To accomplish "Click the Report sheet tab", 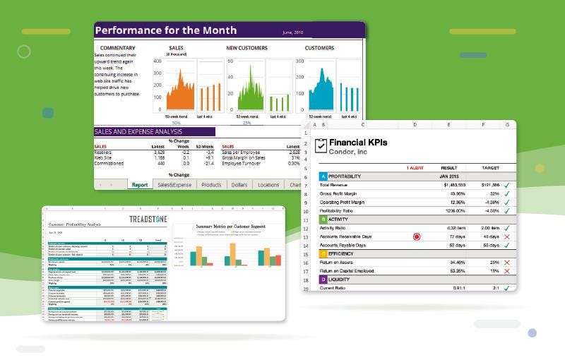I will (139, 185).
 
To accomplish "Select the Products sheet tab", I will (211, 185).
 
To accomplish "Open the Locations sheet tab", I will (268, 185).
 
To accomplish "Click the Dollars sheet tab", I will (240, 185).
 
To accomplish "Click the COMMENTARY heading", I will (117, 48).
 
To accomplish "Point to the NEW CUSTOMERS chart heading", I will (246, 48).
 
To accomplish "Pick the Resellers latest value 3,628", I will (159, 152).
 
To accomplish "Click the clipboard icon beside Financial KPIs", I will (321, 145).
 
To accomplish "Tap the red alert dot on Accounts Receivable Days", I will (416, 236).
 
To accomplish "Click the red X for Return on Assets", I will (506, 262).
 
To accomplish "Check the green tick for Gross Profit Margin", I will (506, 193).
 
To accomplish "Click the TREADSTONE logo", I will (148, 220).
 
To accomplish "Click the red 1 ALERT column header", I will (415, 167).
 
